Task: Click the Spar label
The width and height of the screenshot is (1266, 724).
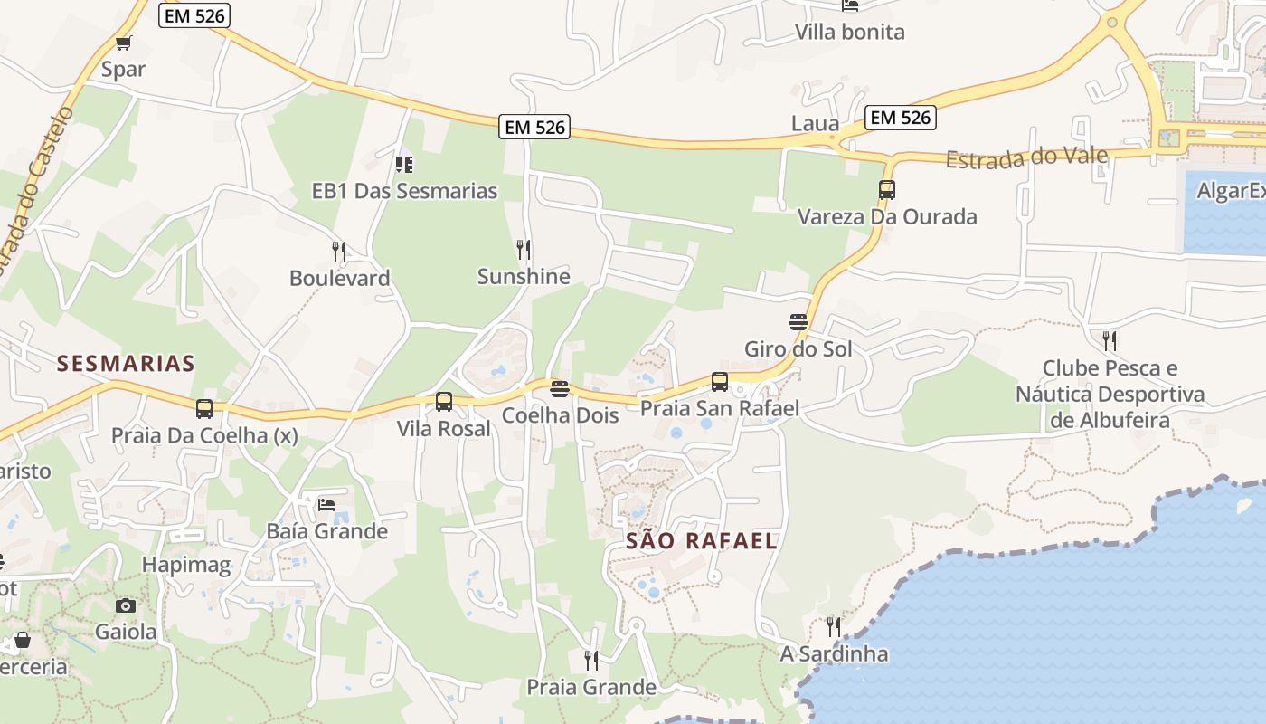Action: tap(123, 70)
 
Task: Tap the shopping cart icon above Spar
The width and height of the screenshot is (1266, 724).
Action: tap(124, 43)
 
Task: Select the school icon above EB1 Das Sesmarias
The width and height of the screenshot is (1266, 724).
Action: tap(404, 164)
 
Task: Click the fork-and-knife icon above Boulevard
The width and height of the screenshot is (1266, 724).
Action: tap(339, 251)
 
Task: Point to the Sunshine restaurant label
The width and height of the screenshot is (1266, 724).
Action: tap(524, 277)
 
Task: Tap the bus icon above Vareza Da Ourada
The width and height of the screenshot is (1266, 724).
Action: tap(886, 190)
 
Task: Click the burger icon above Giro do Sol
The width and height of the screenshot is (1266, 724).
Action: tap(798, 322)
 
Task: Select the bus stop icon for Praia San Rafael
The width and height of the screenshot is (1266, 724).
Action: tap(720, 382)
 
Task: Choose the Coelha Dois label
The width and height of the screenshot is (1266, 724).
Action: tap(560, 416)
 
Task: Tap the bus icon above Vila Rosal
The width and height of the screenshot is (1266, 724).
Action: tap(444, 402)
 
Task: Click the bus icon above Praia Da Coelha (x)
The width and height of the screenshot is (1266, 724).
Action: tap(204, 409)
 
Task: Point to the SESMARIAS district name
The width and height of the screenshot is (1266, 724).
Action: tap(126, 364)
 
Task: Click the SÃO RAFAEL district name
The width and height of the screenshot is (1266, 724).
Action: tap(702, 541)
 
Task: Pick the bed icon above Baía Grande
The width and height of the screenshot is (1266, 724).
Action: tap(326, 504)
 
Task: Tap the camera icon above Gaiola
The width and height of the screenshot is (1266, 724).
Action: tap(126, 605)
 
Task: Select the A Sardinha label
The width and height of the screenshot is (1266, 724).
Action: tap(834, 653)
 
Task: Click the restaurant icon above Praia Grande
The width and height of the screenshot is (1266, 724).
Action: tap(591, 661)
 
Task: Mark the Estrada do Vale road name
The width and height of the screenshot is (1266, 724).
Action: tap(1026, 158)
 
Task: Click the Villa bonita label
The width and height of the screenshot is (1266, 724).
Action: tap(849, 33)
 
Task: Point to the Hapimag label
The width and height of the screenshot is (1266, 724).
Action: tap(186, 567)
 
